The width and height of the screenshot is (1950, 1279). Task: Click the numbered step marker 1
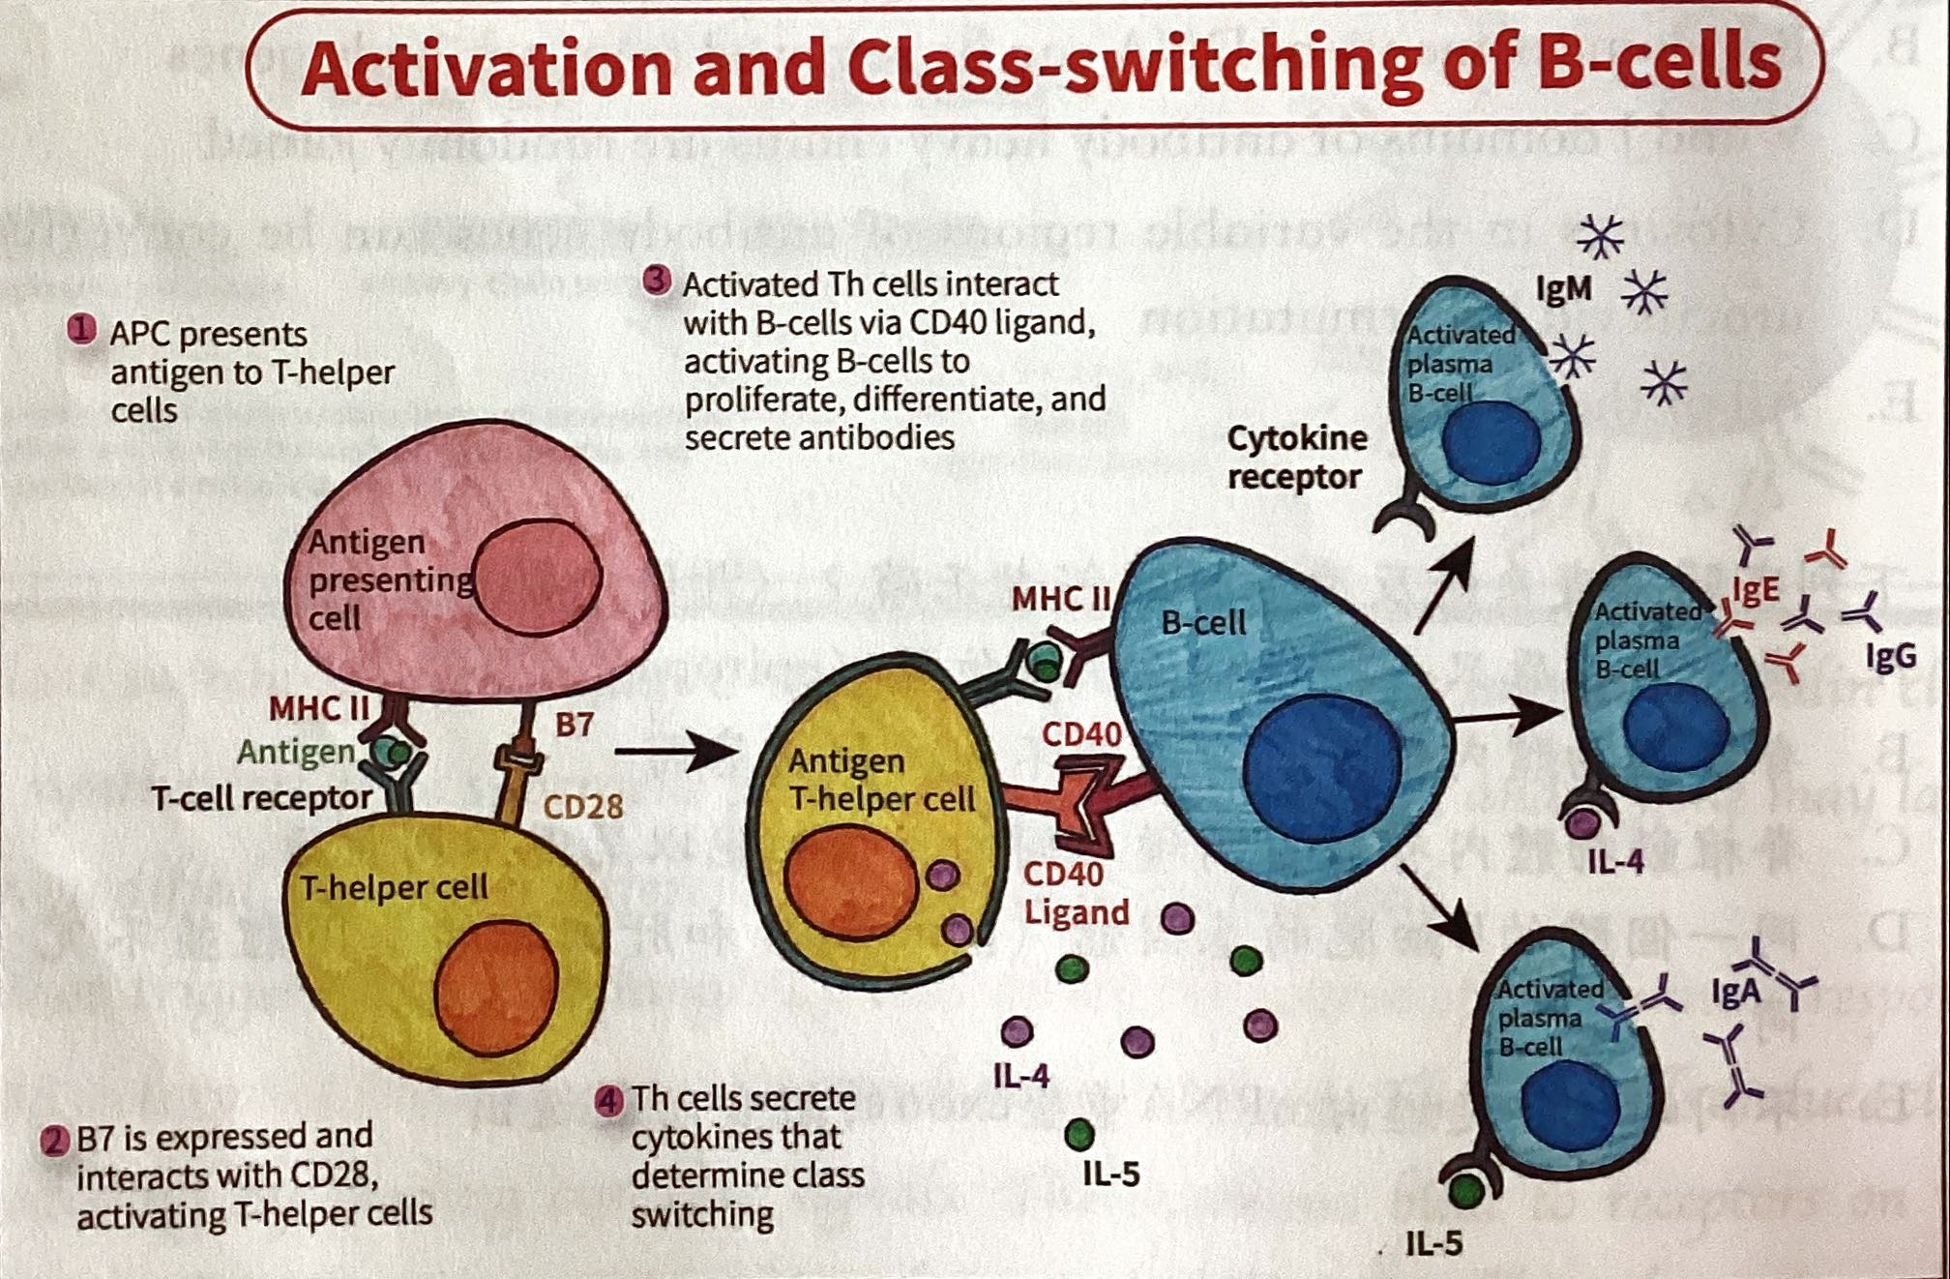pyautogui.click(x=82, y=330)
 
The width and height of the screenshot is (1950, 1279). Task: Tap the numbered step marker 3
pyautogui.click(x=657, y=281)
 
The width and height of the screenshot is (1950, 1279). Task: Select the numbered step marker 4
pyautogui.click(x=608, y=1101)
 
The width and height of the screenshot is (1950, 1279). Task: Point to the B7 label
pyautogui.click(x=574, y=725)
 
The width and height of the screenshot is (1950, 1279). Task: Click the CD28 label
pyautogui.click(x=582, y=807)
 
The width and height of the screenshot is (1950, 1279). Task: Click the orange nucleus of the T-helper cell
pyautogui.click(x=496, y=987)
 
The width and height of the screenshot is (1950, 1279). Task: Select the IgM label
pyautogui.click(x=1564, y=288)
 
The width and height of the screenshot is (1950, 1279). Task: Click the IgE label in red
pyautogui.click(x=1756, y=589)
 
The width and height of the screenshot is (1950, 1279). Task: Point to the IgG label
pyautogui.click(x=1890, y=657)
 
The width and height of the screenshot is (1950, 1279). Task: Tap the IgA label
pyautogui.click(x=1734, y=993)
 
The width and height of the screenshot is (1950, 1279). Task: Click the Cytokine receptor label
pyautogui.click(x=1296, y=458)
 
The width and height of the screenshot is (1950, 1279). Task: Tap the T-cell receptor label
pyautogui.click(x=261, y=798)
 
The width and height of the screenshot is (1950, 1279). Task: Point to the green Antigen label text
pyautogui.click(x=295, y=752)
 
